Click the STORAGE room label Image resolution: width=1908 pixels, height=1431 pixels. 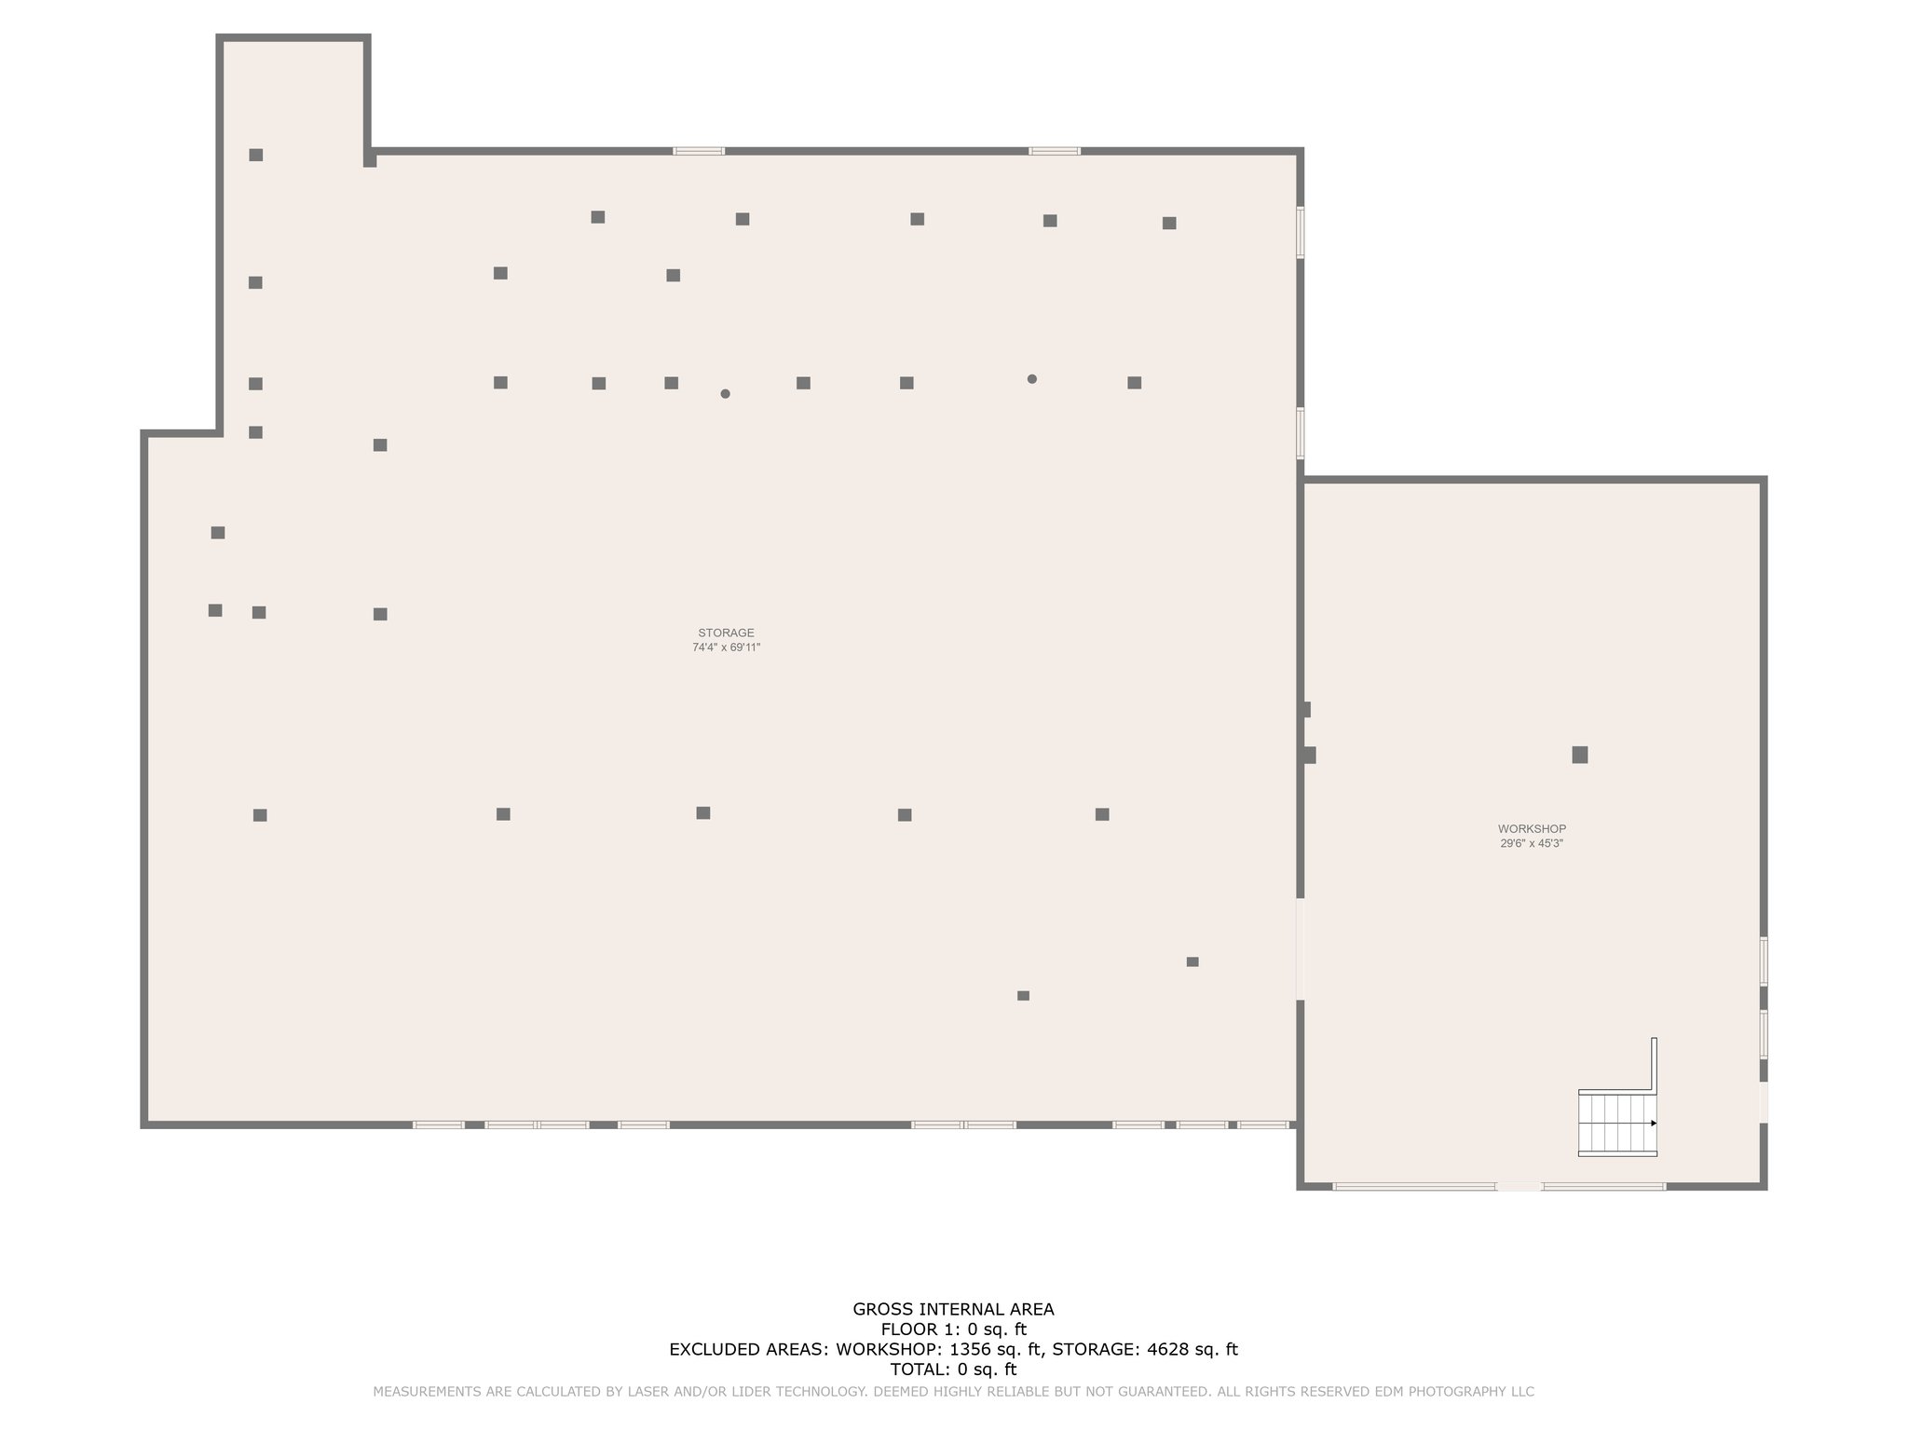726,633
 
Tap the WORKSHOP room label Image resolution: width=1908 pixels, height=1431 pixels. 1532,828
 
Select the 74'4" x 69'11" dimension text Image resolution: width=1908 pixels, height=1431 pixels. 726,647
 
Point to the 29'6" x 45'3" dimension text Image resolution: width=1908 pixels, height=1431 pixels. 1532,843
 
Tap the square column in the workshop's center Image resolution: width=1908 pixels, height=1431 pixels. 1579,755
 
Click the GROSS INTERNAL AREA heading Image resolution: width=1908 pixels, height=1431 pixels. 953,1309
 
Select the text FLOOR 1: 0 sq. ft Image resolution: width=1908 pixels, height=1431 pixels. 953,1329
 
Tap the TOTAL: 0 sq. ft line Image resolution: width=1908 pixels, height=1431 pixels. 953,1370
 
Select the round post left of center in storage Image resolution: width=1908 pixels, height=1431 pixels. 725,394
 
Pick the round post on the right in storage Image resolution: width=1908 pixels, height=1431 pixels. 1031,379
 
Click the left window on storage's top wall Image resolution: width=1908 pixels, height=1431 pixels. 699,151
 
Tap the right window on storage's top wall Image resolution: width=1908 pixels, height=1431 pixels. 1055,151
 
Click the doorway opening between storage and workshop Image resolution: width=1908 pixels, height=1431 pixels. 1301,948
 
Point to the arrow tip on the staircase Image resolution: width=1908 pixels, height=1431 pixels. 1654,1124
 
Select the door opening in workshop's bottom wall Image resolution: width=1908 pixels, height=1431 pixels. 1519,1186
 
